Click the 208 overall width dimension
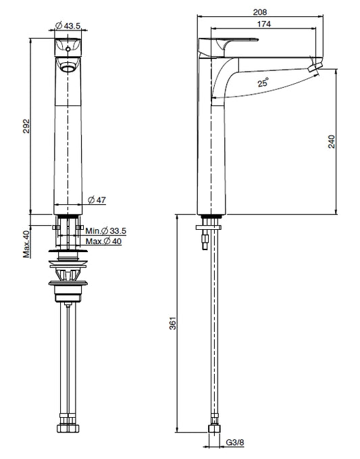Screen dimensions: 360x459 coord(260,12)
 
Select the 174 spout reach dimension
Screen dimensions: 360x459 coord(264,24)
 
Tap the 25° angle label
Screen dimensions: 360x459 coord(263,82)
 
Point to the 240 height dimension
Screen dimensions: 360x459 coord(332,141)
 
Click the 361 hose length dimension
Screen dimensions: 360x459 coord(173,323)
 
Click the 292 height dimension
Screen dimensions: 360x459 coord(26,126)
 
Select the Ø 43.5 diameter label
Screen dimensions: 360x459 coord(68,26)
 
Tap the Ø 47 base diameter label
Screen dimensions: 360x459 coord(97,200)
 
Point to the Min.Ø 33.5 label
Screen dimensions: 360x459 coord(105,231)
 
